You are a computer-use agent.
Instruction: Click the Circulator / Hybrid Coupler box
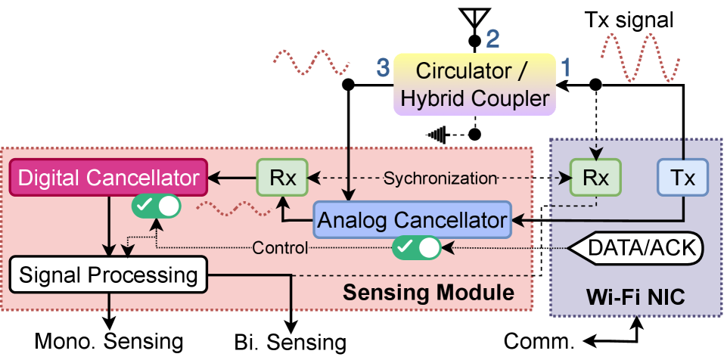(x=474, y=84)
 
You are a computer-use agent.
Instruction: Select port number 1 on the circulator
(x=566, y=69)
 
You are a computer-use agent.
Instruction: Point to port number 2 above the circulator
(x=493, y=39)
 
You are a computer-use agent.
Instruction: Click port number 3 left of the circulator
(x=384, y=69)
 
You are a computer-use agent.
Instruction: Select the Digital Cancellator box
(x=109, y=178)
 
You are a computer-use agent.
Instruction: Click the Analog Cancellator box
(x=412, y=220)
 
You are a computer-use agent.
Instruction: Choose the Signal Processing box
(x=108, y=274)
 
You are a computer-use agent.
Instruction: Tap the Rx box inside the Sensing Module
(x=281, y=178)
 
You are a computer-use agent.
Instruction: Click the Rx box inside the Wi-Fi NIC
(x=595, y=178)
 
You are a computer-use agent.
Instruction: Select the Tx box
(x=682, y=178)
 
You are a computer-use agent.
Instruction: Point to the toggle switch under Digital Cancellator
(x=157, y=206)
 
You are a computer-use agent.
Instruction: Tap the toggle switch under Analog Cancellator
(x=417, y=247)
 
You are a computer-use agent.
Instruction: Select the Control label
(x=280, y=248)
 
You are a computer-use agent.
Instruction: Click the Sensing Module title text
(x=428, y=292)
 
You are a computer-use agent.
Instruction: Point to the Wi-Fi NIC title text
(x=635, y=297)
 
